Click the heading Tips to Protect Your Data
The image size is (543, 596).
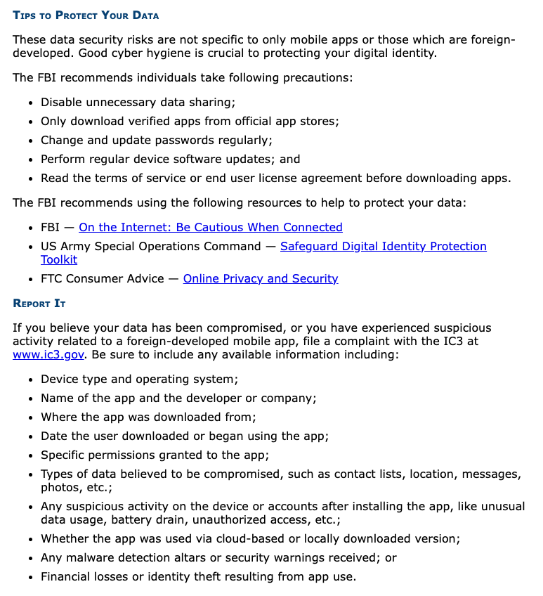(x=86, y=15)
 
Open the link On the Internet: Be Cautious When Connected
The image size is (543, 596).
(x=211, y=227)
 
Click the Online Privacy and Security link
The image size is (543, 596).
(x=261, y=278)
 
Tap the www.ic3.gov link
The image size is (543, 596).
(x=48, y=354)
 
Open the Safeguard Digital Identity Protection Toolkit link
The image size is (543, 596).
(x=383, y=246)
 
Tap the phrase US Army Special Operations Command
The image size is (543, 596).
(x=150, y=246)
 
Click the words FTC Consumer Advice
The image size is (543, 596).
(x=101, y=278)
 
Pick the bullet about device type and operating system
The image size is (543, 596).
(x=139, y=379)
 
